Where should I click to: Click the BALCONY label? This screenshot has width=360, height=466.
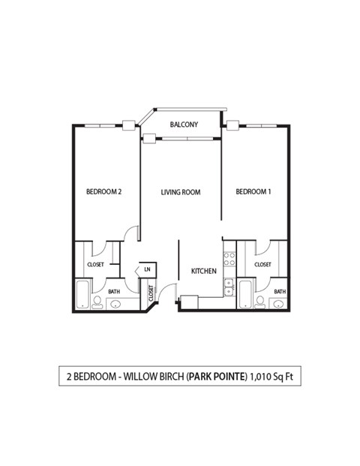[184, 125]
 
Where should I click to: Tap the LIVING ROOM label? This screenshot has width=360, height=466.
[181, 192]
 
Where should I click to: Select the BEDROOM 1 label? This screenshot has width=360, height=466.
[253, 192]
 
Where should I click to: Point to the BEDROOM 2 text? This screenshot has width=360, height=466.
[103, 192]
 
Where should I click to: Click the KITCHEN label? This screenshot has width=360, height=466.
[203, 271]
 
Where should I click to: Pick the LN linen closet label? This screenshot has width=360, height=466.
[147, 269]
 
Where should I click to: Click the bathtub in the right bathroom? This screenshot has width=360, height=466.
[244, 294]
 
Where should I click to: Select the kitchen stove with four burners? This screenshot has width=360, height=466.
[229, 260]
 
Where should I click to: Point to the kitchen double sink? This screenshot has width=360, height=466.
[229, 286]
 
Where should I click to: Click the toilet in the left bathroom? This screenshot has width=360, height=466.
[97, 302]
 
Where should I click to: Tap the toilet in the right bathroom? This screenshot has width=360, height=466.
[259, 302]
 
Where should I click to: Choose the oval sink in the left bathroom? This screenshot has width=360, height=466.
[116, 304]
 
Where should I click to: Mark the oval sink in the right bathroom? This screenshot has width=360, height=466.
[278, 304]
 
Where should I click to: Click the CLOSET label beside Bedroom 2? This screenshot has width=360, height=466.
[95, 265]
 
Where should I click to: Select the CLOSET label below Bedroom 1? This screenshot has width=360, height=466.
[262, 265]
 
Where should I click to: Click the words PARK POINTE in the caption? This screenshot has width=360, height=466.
[216, 376]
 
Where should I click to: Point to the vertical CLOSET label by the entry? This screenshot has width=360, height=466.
[151, 293]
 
